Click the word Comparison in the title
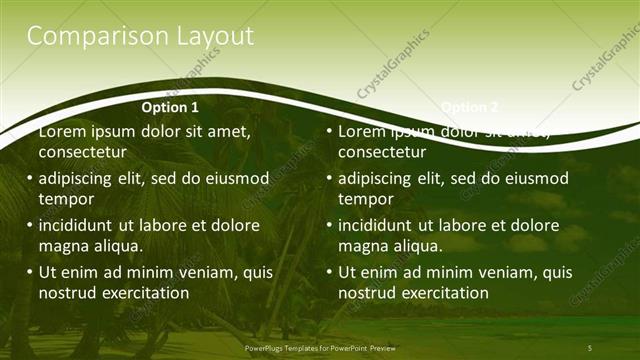click(85, 36)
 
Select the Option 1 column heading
click(170, 107)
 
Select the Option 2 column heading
click(469, 107)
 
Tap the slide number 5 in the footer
click(590, 347)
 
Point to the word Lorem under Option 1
click(63, 132)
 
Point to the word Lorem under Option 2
click(363, 132)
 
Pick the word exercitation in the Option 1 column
click(146, 293)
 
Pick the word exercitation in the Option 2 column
click(446, 293)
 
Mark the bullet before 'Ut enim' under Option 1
click(29, 272)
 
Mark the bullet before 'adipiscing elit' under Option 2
click(329, 179)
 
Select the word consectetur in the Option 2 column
click(381, 152)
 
